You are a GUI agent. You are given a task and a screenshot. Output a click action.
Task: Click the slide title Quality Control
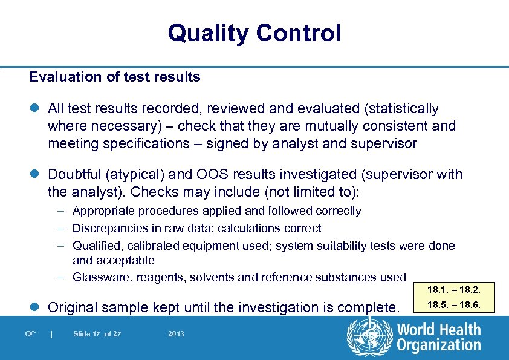coord(254,33)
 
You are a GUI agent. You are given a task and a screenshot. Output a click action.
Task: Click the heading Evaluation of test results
coord(115,77)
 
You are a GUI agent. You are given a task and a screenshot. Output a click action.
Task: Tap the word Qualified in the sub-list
coord(96,246)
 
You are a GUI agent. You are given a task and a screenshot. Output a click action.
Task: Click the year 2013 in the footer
coord(175,333)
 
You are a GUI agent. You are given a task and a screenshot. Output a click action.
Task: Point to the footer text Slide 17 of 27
coord(97,333)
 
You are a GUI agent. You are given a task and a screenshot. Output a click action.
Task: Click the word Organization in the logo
coord(439,345)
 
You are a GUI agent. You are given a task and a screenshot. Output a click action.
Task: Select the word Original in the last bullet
coord(75,307)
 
